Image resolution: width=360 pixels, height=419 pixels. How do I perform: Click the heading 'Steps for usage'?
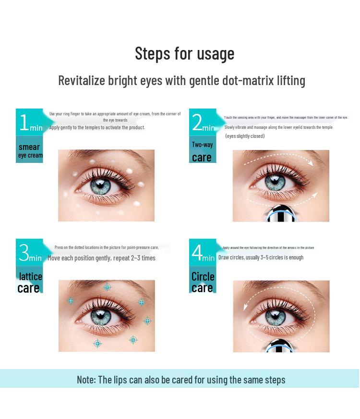(x=184, y=53)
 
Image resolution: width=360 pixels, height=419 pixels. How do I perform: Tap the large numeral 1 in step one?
(x=24, y=123)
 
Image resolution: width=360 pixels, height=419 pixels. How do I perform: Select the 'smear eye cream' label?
(x=30, y=150)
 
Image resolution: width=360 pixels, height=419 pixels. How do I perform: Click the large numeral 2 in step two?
(x=197, y=123)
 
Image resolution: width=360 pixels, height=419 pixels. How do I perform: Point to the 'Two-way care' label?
(x=202, y=151)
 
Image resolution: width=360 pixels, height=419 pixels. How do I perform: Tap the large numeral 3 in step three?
(x=24, y=253)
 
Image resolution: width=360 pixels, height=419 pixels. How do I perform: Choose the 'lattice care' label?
(x=30, y=282)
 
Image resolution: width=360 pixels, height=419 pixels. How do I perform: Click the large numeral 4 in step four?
(x=197, y=253)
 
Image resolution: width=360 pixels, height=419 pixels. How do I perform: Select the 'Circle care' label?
(x=202, y=282)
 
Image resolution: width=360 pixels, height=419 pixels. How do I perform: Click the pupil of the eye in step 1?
(x=100, y=185)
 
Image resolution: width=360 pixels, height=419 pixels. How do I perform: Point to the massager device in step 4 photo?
(x=281, y=345)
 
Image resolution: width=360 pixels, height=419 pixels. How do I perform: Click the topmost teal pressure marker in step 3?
(x=107, y=287)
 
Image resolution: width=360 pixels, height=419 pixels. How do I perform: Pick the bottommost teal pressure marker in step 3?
(x=97, y=343)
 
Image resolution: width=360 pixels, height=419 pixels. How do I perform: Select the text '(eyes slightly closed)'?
(x=245, y=136)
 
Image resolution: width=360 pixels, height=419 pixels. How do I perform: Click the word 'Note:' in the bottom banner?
(x=86, y=380)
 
